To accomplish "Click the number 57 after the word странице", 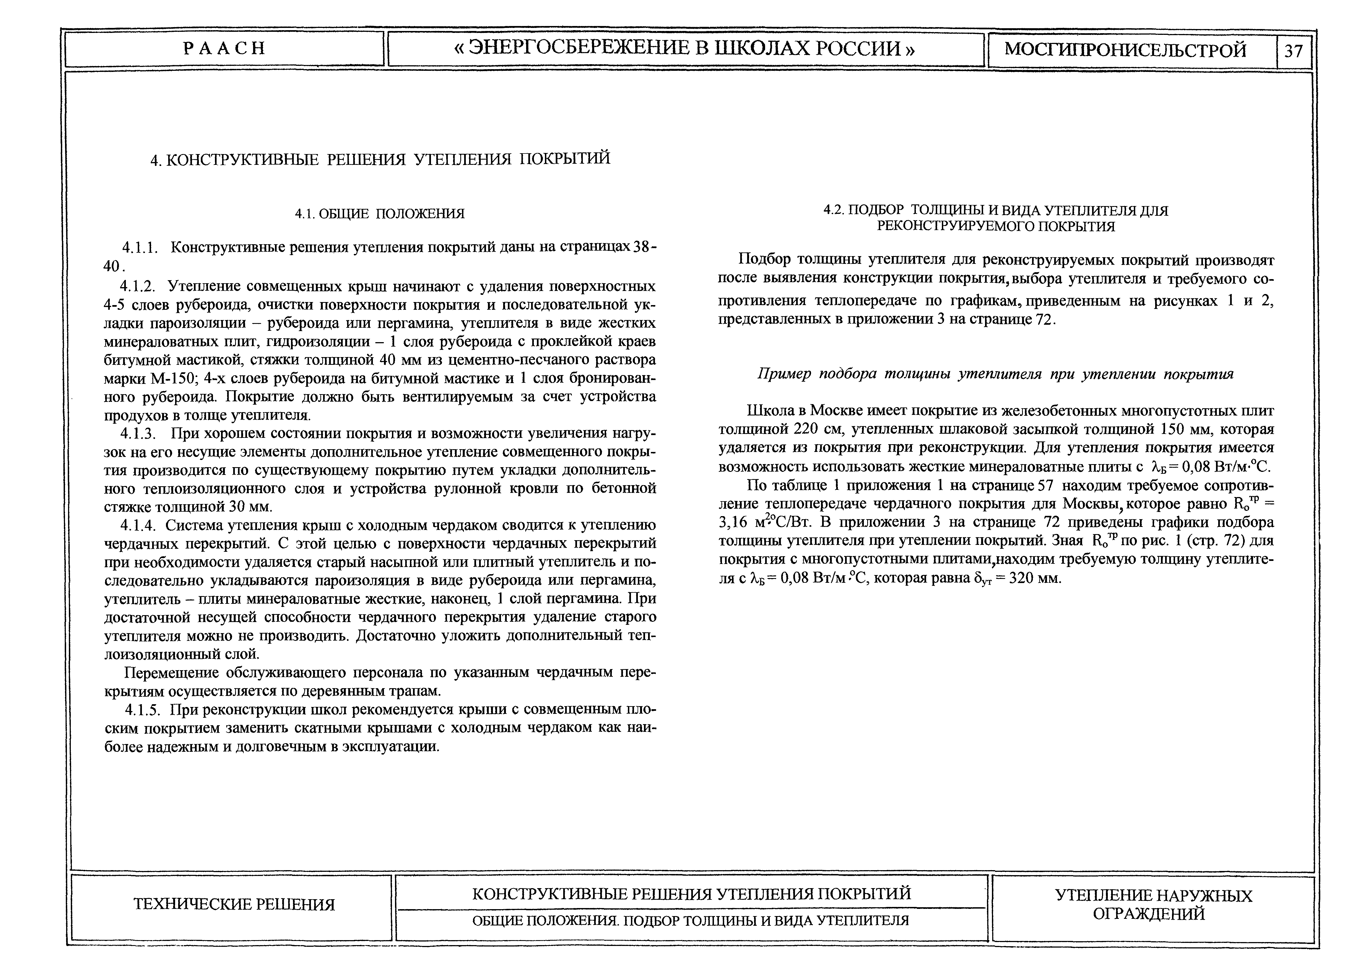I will (x=1046, y=485).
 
